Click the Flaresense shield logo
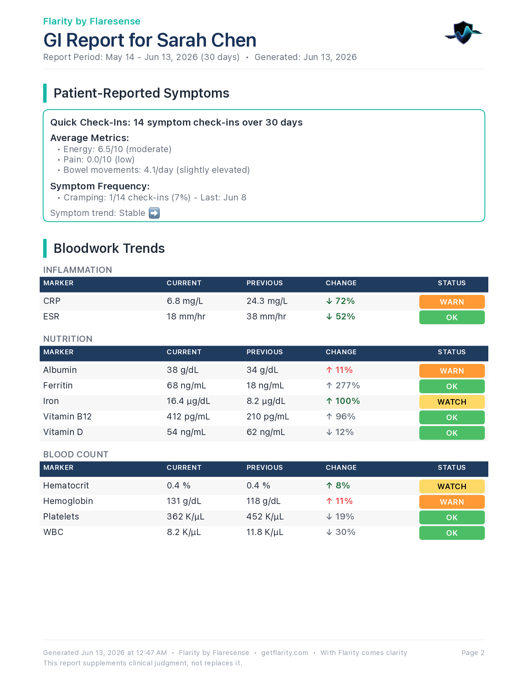463,33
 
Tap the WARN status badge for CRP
452,302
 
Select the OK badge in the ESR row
452,317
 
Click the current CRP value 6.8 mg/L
185,301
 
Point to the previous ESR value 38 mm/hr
266,317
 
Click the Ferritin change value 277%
343,386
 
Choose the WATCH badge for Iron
452,402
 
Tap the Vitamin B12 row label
67,417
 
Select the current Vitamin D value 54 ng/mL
186,432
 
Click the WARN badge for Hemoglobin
452,502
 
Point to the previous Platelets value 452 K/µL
265,517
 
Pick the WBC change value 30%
341,532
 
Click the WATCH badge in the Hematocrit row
452,486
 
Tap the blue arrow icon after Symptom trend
154,213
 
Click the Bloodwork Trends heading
109,248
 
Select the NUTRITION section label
68,339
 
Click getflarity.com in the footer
285,653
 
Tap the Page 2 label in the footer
473,653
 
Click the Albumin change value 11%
339,370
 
